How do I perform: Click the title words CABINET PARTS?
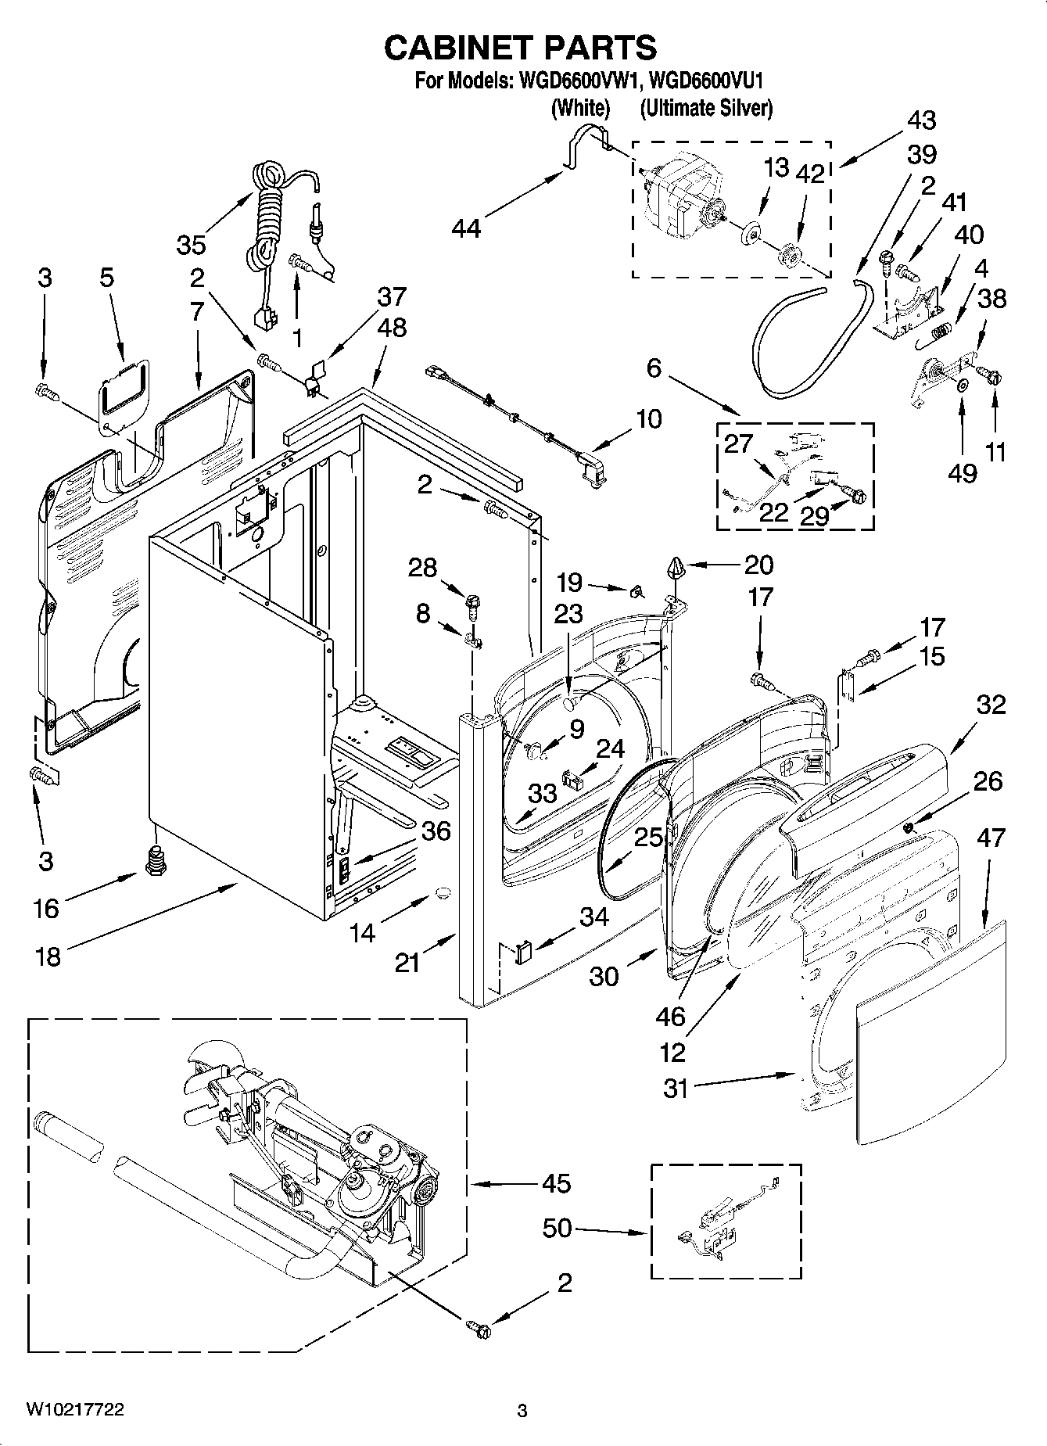pos(521,48)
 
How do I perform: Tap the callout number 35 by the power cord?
pos(190,245)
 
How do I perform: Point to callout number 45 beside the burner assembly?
pos(556,1184)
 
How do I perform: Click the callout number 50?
pos(558,1229)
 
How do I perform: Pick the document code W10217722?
pos(75,1409)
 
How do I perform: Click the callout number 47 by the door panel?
pos(990,838)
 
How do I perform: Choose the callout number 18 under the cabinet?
pos(48,956)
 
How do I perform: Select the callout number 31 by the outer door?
pos(675,1088)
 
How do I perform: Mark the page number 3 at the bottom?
pos(522,1412)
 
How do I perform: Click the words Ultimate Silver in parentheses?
pos(706,109)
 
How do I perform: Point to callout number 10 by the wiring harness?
pos(648,419)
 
